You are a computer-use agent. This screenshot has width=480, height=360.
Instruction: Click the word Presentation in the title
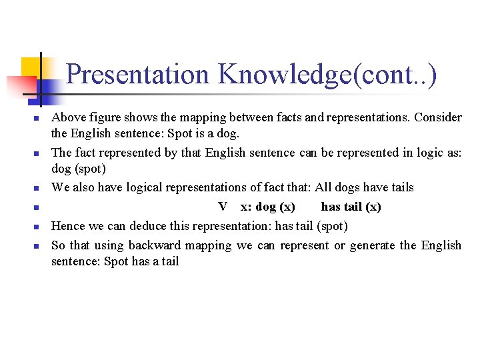(x=137, y=75)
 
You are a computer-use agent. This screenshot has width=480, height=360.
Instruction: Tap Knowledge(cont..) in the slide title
(x=327, y=75)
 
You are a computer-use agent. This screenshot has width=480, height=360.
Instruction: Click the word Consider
(x=438, y=117)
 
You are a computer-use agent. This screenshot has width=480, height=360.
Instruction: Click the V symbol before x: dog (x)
(x=223, y=207)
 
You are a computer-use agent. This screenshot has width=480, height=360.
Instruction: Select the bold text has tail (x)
(x=351, y=207)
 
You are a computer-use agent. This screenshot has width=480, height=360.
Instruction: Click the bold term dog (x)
(x=275, y=207)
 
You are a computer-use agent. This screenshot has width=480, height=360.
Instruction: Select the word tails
(x=400, y=187)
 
